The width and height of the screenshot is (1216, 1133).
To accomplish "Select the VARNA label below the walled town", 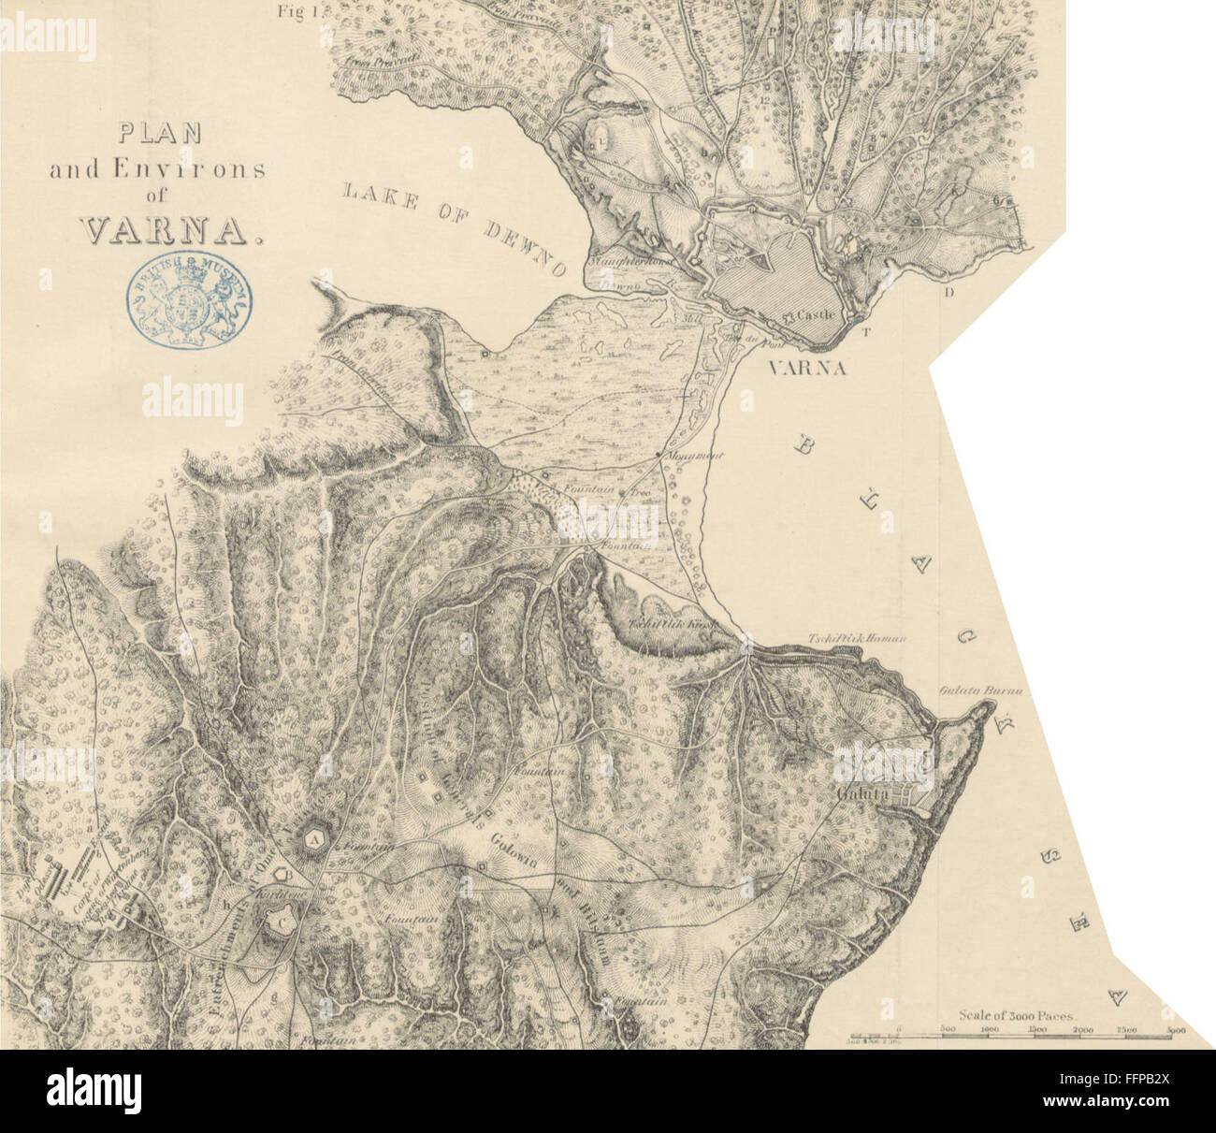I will [x=806, y=369].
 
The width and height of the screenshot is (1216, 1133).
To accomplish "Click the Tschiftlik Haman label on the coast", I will [x=858, y=638].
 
